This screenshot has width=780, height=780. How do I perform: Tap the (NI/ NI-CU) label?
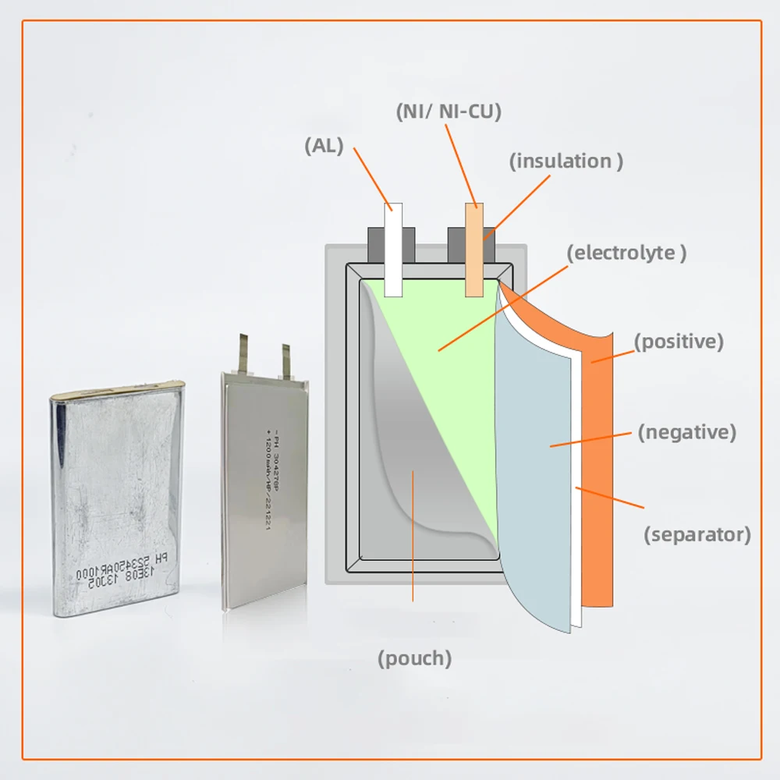[447, 112]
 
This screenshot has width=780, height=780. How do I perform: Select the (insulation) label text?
[565, 161]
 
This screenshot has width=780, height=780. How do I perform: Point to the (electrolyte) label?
[626, 253]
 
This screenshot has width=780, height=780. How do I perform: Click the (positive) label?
[679, 341]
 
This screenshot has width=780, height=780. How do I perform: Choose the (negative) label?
[686, 432]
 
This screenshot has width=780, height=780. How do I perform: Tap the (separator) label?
[697, 534]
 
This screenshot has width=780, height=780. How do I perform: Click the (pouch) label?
[414, 658]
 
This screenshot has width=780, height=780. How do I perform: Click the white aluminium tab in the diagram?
[393, 250]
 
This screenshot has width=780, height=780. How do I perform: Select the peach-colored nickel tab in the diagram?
[474, 250]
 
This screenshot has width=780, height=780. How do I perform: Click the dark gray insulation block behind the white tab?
[375, 244]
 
